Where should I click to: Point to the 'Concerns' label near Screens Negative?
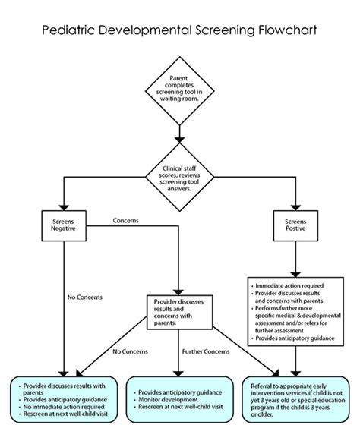125,221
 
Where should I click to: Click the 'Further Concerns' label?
205,351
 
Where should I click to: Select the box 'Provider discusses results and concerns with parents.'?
179,311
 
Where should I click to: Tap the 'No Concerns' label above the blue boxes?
130,351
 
